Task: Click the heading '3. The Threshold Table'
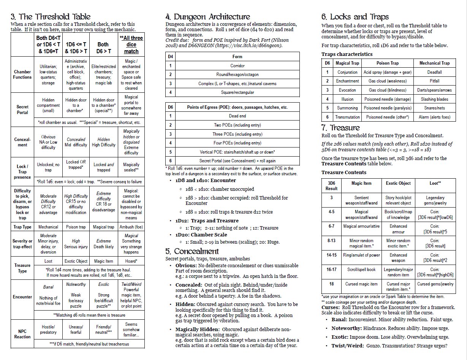pos(51,17)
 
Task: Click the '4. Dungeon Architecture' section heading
pos(207,17)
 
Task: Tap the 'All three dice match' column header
pos(131,44)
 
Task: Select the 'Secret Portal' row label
pos(22,110)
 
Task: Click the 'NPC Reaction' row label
pos(22,334)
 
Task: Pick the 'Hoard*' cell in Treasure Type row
pos(131,261)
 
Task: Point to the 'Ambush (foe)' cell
pos(131,227)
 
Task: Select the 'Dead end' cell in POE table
pos(237,116)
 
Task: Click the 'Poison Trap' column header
pos(388,63)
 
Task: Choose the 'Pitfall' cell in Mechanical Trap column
pos(434,81)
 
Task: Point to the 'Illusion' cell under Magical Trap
pos(347,99)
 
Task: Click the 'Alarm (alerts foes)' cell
pos(434,117)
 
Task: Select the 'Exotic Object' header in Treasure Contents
pos(398,183)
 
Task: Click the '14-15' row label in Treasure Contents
pos(331,255)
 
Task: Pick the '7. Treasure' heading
pos(340,128)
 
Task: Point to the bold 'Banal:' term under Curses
pos(339,320)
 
